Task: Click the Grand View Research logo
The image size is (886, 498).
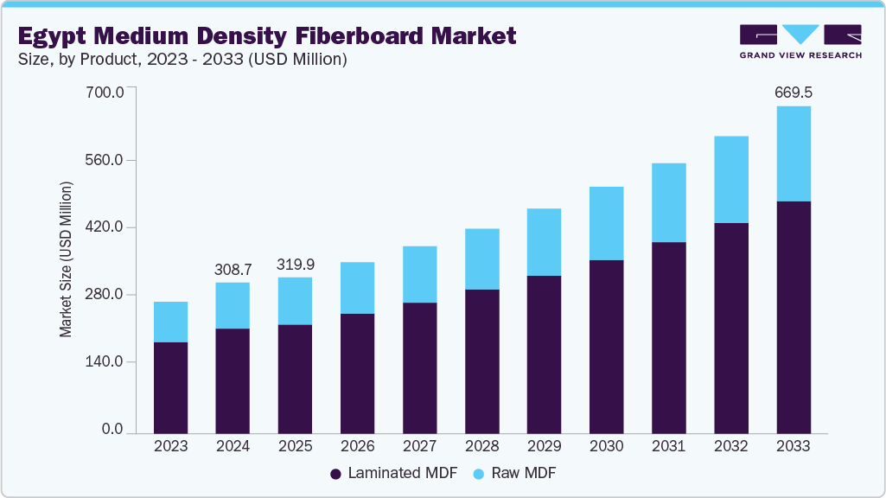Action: pos(800,41)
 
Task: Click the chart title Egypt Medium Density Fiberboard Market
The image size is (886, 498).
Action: pos(266,35)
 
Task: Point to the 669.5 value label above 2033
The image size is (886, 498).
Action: pos(793,92)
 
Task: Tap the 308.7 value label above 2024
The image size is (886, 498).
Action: pos(233,270)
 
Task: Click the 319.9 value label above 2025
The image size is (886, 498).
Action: pos(295,265)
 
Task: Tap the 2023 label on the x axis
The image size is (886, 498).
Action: pos(170,446)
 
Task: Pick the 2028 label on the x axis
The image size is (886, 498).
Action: pos(481,446)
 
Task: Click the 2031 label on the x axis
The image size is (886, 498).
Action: pos(668,446)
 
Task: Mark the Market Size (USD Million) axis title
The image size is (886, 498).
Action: pos(66,259)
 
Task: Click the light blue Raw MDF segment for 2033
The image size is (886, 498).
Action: pos(793,154)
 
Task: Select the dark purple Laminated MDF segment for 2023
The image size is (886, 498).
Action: pos(170,387)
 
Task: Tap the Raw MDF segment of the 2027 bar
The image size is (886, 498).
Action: pos(419,274)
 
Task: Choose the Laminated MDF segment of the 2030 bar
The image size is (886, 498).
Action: pos(606,346)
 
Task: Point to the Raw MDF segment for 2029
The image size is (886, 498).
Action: pos(544,242)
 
